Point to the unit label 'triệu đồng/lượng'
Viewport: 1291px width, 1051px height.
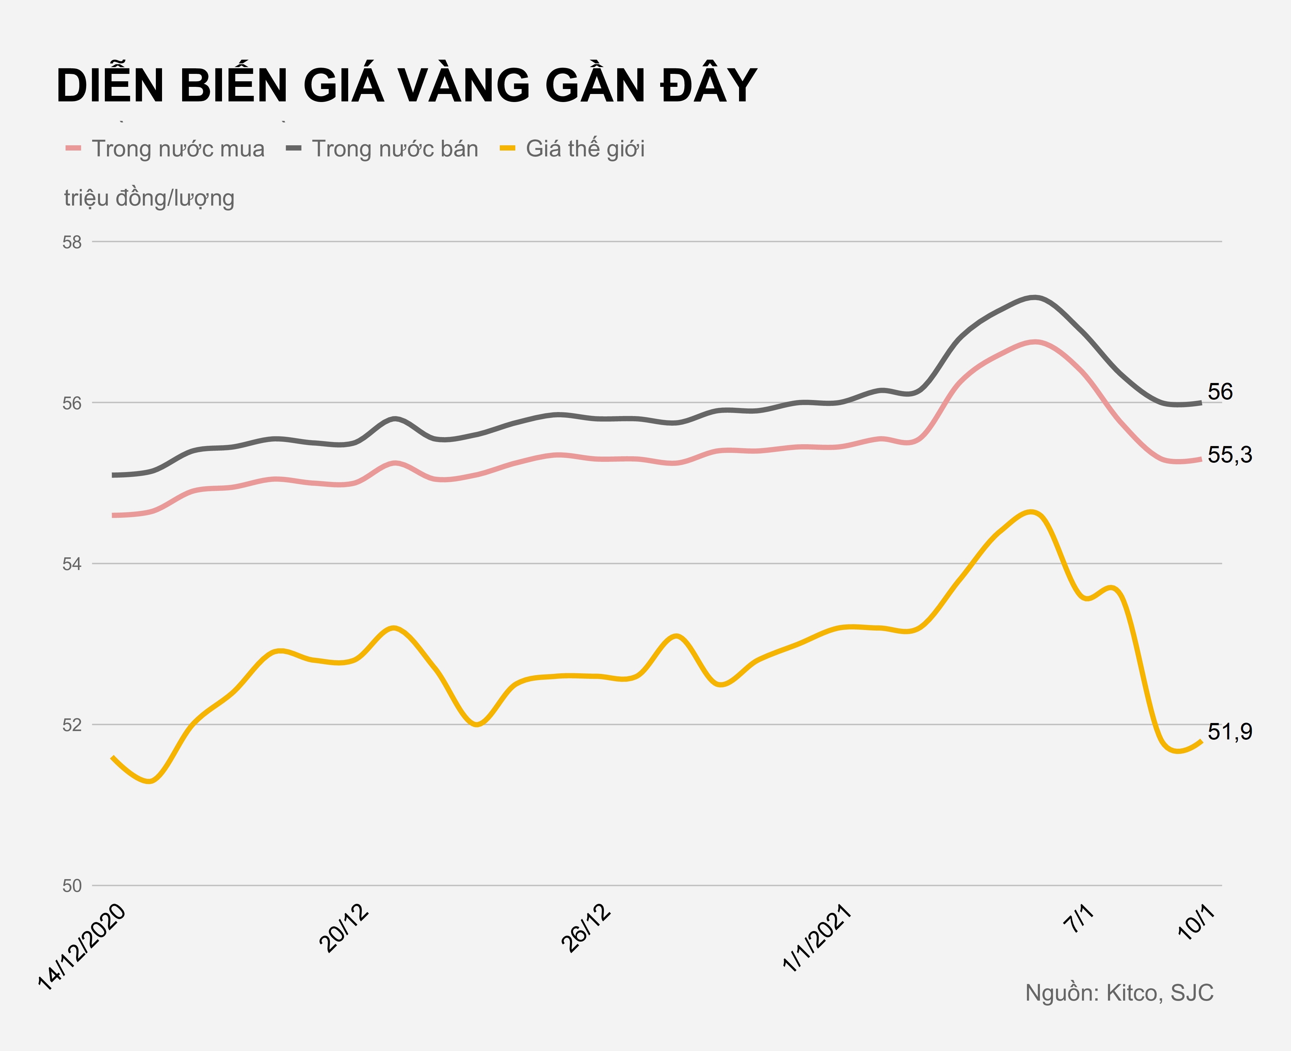(x=149, y=198)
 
